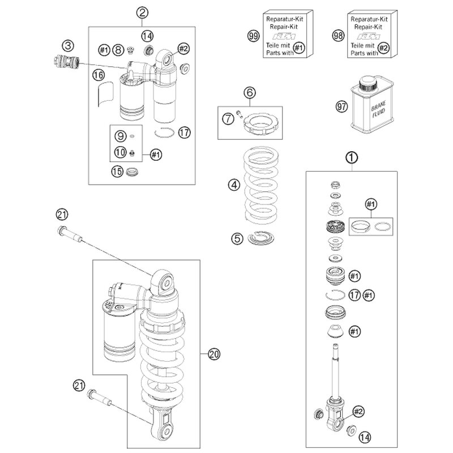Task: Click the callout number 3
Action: [x=67, y=46]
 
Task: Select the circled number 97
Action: [x=341, y=106]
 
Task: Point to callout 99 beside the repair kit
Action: [x=253, y=36]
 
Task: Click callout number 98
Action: [x=338, y=36]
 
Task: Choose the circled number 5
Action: [x=237, y=238]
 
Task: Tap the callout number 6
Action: [x=250, y=93]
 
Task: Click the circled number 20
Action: [x=214, y=354]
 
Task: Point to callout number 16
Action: [x=98, y=75]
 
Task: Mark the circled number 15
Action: [x=117, y=172]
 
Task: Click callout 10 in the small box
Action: [x=121, y=152]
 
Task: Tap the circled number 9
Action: [x=121, y=136]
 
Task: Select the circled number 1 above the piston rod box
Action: [x=352, y=158]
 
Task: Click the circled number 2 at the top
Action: [x=142, y=12]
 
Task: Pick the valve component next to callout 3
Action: [x=66, y=62]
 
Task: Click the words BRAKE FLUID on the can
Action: [x=378, y=109]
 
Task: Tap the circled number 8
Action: [x=118, y=50]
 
